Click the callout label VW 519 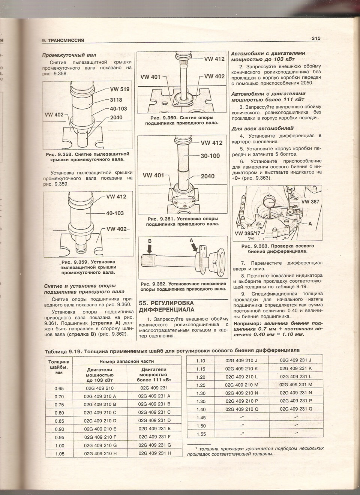(120, 90)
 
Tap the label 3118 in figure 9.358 (118, 99)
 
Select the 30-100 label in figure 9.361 (210, 156)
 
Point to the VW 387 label (310, 202)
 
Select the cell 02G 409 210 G (100, 445)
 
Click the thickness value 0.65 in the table (59, 388)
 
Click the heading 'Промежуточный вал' (66, 55)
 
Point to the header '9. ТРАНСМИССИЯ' (63, 40)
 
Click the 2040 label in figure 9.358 (116, 117)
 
